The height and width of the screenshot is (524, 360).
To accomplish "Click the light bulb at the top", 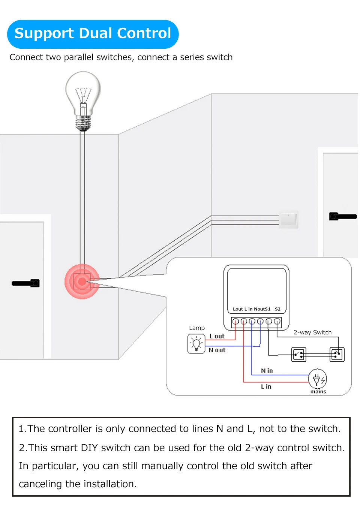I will (x=83, y=98).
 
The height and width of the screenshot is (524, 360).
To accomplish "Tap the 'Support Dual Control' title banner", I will (x=93, y=34).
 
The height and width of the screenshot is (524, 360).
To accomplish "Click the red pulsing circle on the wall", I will (x=82, y=281).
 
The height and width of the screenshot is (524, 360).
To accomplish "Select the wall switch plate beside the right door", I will (x=288, y=219).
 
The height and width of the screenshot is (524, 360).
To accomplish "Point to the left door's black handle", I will (x=25, y=283).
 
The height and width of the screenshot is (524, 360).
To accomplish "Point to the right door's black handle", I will (x=343, y=216).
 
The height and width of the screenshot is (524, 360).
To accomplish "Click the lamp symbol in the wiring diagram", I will (x=196, y=344).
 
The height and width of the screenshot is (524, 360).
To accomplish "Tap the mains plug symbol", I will (x=317, y=379).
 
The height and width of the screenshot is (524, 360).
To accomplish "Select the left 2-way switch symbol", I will (x=299, y=354).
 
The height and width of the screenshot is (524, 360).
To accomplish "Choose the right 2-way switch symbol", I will (x=337, y=354).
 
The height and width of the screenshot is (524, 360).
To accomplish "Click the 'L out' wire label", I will (x=217, y=336).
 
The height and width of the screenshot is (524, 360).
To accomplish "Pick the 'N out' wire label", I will (x=217, y=350).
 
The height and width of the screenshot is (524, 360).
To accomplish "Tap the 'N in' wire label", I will (x=267, y=371).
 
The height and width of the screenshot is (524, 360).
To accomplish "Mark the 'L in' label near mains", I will (x=266, y=386).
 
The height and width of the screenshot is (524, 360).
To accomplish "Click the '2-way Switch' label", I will (x=312, y=332).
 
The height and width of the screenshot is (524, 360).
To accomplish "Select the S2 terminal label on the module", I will (x=277, y=309).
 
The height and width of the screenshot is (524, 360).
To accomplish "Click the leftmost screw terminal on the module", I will (x=235, y=321).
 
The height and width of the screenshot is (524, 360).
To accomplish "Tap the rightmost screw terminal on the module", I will (x=277, y=321).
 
